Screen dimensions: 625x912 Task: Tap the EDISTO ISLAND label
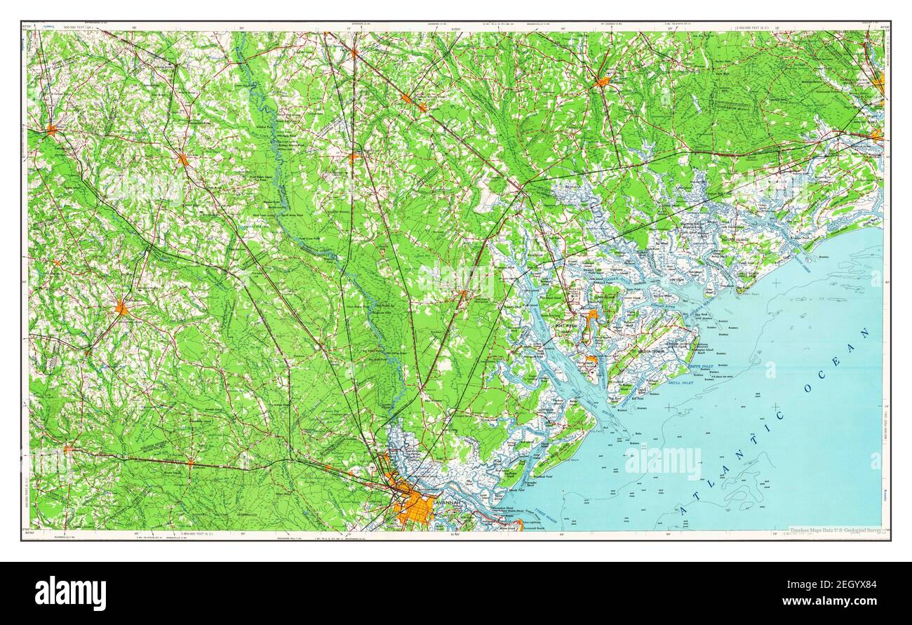click(x=736, y=240)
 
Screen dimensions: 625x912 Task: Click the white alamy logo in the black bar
click(x=70, y=593)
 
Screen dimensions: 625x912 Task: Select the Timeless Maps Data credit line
click(x=835, y=532)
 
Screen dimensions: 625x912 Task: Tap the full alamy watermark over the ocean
click(x=662, y=463)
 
